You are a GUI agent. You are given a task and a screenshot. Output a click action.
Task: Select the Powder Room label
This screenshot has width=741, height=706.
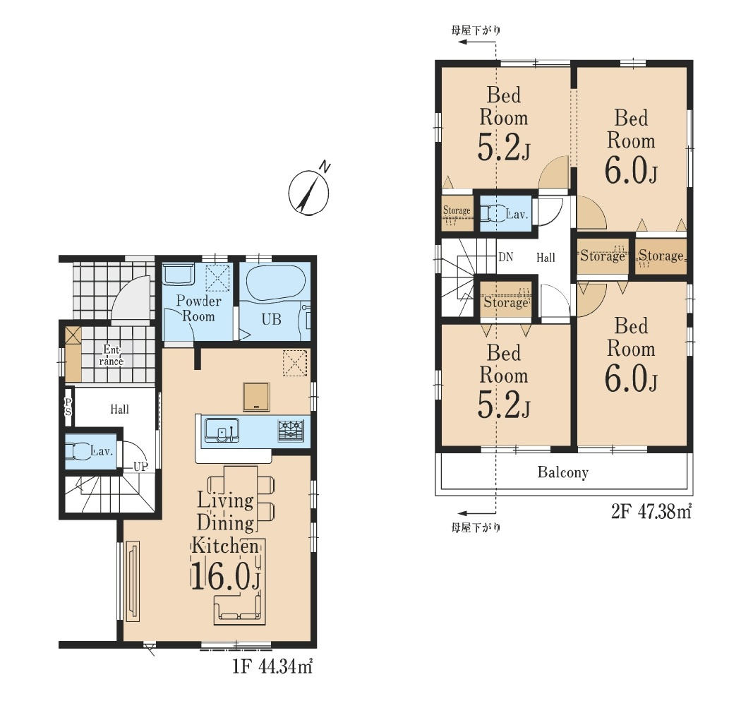[198, 309]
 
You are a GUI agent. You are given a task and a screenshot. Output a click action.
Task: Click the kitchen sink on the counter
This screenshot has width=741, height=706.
[222, 430]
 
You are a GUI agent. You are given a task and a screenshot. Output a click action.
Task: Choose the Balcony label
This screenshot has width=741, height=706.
[562, 472]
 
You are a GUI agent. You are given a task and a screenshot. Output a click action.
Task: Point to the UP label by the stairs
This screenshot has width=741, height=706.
[141, 467]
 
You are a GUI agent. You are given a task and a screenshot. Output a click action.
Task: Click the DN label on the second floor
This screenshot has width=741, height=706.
[505, 258]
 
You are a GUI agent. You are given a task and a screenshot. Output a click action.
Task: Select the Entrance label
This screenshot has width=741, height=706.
[111, 355]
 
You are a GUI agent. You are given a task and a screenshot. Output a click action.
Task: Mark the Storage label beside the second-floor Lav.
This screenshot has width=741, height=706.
[456, 211]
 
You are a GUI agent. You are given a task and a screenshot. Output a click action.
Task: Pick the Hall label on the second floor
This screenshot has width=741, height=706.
[545, 258]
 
